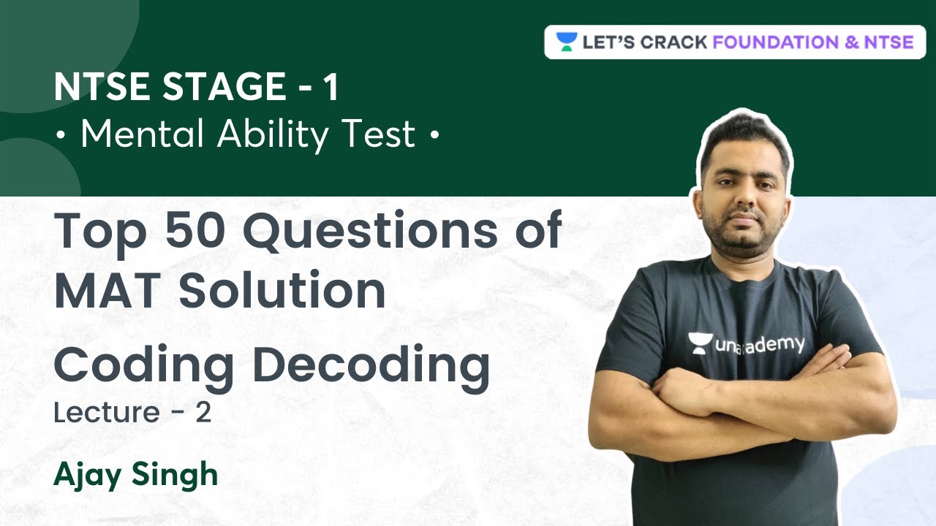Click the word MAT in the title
point(110,290)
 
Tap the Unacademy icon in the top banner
point(566,42)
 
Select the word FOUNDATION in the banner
point(774,42)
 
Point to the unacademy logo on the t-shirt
point(746,344)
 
